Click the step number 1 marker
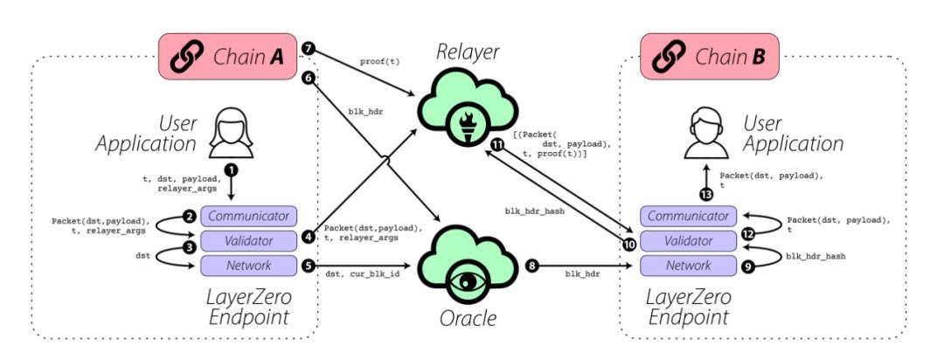click(231, 168)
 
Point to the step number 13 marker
click(706, 194)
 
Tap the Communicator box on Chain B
click(696, 216)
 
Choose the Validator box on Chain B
click(696, 239)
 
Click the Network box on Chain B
click(696, 264)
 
